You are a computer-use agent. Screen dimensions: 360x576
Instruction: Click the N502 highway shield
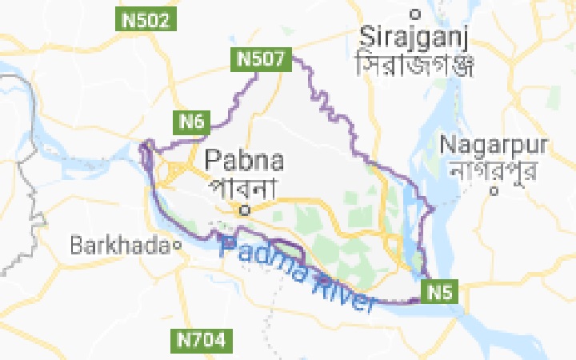coord(146,20)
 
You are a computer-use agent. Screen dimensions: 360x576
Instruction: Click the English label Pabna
coord(245,160)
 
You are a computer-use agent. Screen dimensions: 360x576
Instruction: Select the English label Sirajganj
coord(414,36)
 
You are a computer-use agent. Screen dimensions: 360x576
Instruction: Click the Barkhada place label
coord(120,246)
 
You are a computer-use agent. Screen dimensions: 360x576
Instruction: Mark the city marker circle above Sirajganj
coord(414,13)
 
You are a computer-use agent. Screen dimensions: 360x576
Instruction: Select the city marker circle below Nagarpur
coord(496,190)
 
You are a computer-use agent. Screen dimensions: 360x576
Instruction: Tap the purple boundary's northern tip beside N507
coord(293,56)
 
